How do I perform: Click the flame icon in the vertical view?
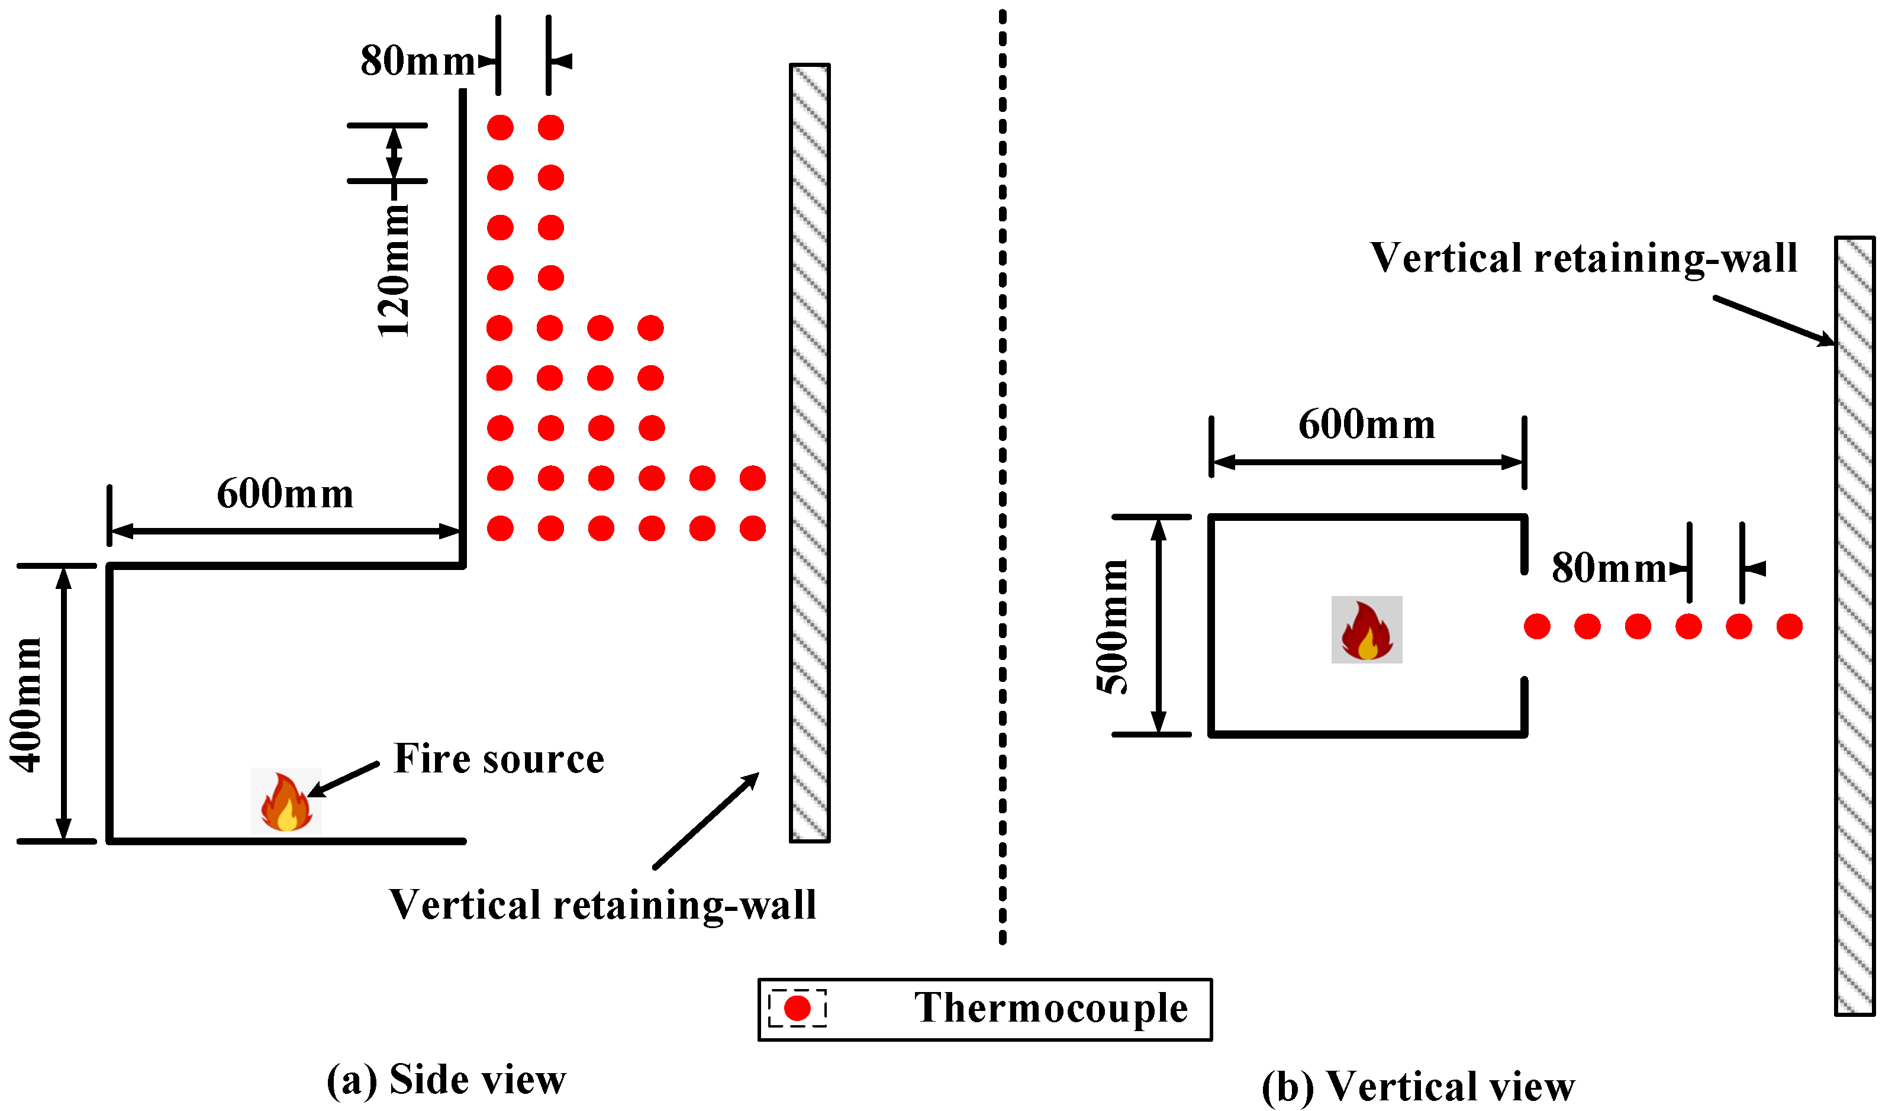tap(1367, 630)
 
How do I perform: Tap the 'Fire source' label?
tap(498, 758)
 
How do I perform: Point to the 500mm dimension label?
tap(1112, 627)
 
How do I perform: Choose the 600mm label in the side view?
tap(285, 494)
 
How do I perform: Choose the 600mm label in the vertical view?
tap(1367, 425)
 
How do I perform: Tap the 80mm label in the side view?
tap(417, 61)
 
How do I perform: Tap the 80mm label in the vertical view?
tap(1609, 568)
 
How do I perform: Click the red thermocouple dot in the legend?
tap(797, 1008)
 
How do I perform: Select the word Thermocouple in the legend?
tap(1050, 1008)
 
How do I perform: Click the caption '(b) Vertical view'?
tap(1417, 1086)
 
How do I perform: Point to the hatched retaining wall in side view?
tap(809, 451)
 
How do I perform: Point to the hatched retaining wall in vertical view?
tap(1854, 624)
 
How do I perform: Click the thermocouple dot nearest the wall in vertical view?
tap(1789, 626)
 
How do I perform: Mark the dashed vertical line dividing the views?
tap(1003, 474)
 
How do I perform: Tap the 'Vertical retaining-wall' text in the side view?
tap(602, 905)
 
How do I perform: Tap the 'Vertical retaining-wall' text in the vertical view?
tap(1583, 258)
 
